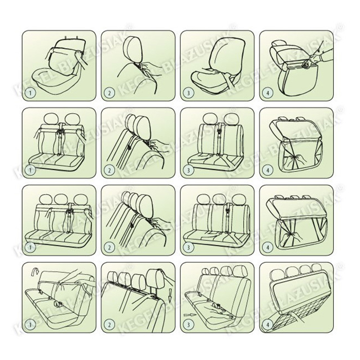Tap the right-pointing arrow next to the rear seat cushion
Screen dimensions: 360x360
click(x=190, y=315)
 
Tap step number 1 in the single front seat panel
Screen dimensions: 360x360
click(x=30, y=93)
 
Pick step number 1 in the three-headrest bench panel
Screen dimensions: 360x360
click(x=30, y=247)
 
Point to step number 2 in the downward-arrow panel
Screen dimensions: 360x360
click(x=109, y=325)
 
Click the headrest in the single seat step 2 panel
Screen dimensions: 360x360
click(x=133, y=48)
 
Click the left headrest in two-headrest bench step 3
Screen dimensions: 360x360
click(x=210, y=119)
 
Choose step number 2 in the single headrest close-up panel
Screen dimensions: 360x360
click(x=109, y=93)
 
